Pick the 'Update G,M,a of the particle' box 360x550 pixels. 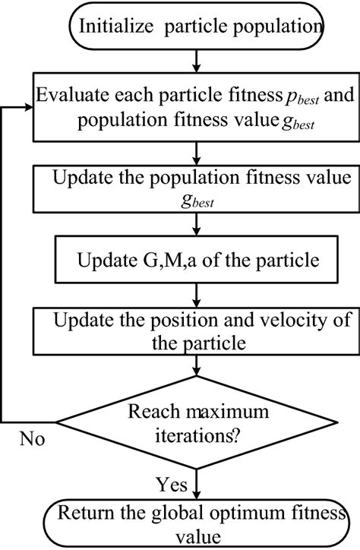pos(197,261)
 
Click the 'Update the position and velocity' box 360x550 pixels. pos(197,330)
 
